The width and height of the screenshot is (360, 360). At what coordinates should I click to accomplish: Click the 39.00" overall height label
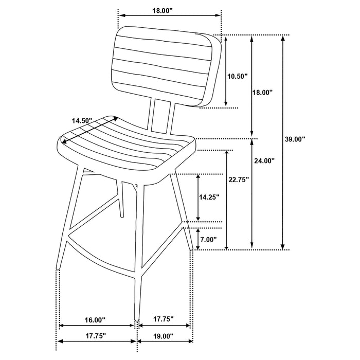pos(296,139)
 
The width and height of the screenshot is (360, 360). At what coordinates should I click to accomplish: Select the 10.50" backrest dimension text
pos(237,76)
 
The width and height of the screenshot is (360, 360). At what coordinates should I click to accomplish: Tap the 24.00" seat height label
pos(264,160)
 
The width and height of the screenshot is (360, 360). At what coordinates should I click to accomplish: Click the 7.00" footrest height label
pos(208,240)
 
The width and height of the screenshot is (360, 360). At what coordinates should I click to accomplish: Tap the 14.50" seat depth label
pos(82,120)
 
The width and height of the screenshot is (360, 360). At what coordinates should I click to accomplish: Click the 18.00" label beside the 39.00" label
pos(262,93)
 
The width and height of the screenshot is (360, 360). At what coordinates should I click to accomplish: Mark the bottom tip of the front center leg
pos(136,319)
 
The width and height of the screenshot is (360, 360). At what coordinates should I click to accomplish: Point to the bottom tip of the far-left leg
pos(57,269)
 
